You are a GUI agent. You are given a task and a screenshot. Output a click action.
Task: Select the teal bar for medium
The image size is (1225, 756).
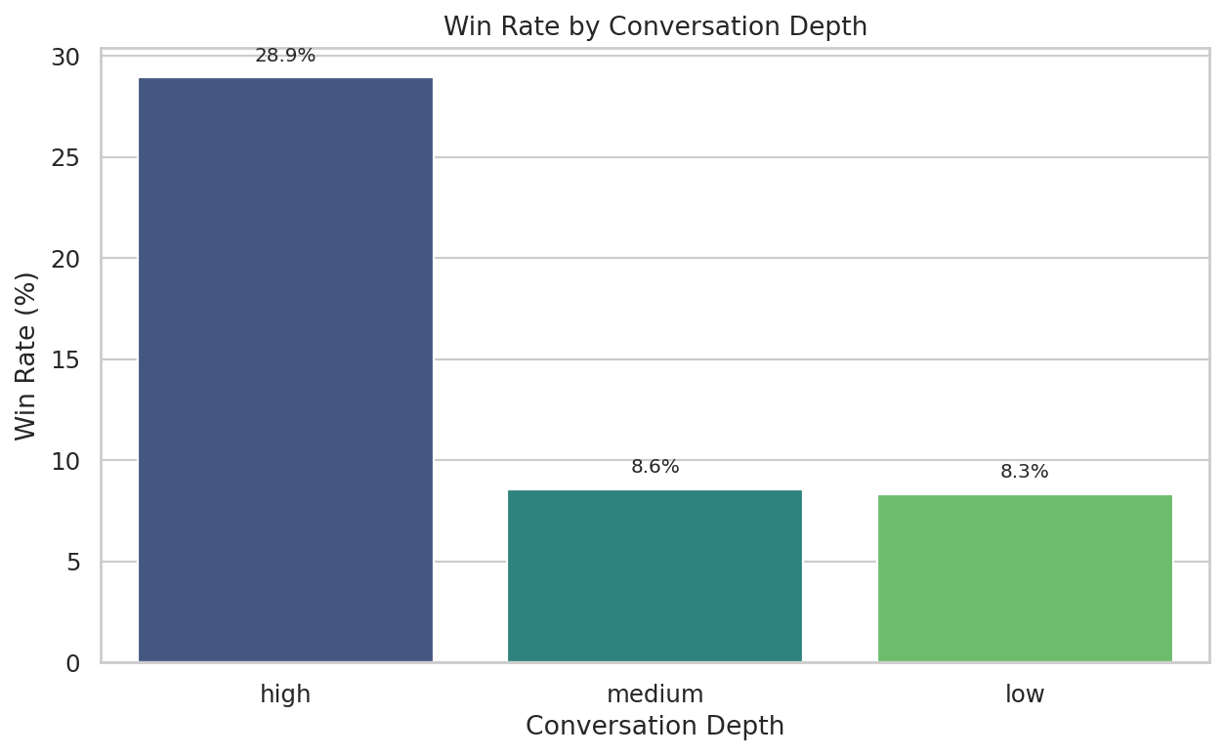[655, 575]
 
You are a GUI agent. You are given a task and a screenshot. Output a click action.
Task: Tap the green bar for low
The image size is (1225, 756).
[1025, 578]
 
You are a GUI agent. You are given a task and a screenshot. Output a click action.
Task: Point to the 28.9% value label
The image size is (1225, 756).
[285, 56]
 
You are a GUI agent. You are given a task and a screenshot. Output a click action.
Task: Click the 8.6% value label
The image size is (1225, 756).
[655, 467]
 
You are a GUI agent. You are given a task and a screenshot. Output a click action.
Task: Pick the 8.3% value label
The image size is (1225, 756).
[1025, 472]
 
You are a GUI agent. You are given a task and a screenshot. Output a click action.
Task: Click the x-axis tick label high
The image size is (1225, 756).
[285, 694]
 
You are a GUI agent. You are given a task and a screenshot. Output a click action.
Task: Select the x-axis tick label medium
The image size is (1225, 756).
[655, 694]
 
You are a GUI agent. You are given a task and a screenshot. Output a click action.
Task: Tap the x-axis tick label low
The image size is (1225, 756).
[1025, 694]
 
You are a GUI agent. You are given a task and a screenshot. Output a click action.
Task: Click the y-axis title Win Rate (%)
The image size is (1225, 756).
[26, 356]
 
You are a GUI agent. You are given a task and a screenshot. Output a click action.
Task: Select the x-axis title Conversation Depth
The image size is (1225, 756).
[655, 727]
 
